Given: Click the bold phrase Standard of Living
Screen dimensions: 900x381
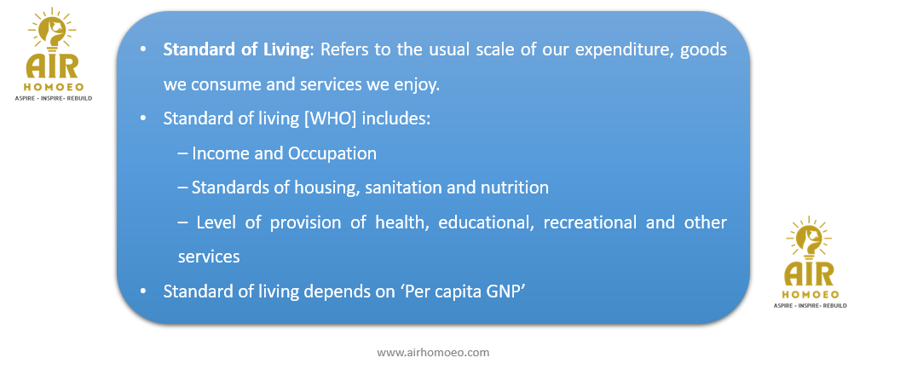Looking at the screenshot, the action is (x=236, y=50).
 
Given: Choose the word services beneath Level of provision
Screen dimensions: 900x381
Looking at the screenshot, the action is (x=209, y=257).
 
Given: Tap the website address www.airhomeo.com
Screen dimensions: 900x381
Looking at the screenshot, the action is (x=433, y=352).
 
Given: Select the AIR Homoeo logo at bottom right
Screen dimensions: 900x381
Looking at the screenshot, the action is (x=810, y=263).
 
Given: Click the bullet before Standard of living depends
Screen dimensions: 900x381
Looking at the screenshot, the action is (x=143, y=292).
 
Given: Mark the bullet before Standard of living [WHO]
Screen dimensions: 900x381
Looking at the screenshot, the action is (x=143, y=119).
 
